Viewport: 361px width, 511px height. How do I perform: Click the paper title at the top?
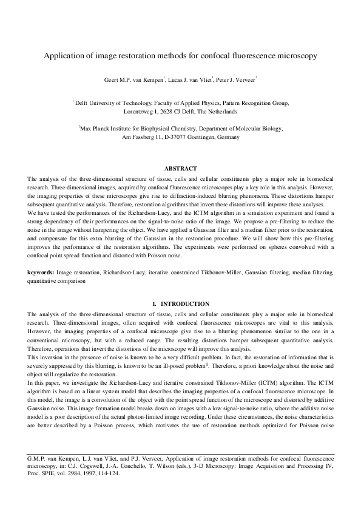(180, 56)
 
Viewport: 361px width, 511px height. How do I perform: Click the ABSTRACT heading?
(180, 168)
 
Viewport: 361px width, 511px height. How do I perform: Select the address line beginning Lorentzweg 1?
(180, 112)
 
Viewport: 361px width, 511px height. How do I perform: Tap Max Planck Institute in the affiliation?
(114, 129)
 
